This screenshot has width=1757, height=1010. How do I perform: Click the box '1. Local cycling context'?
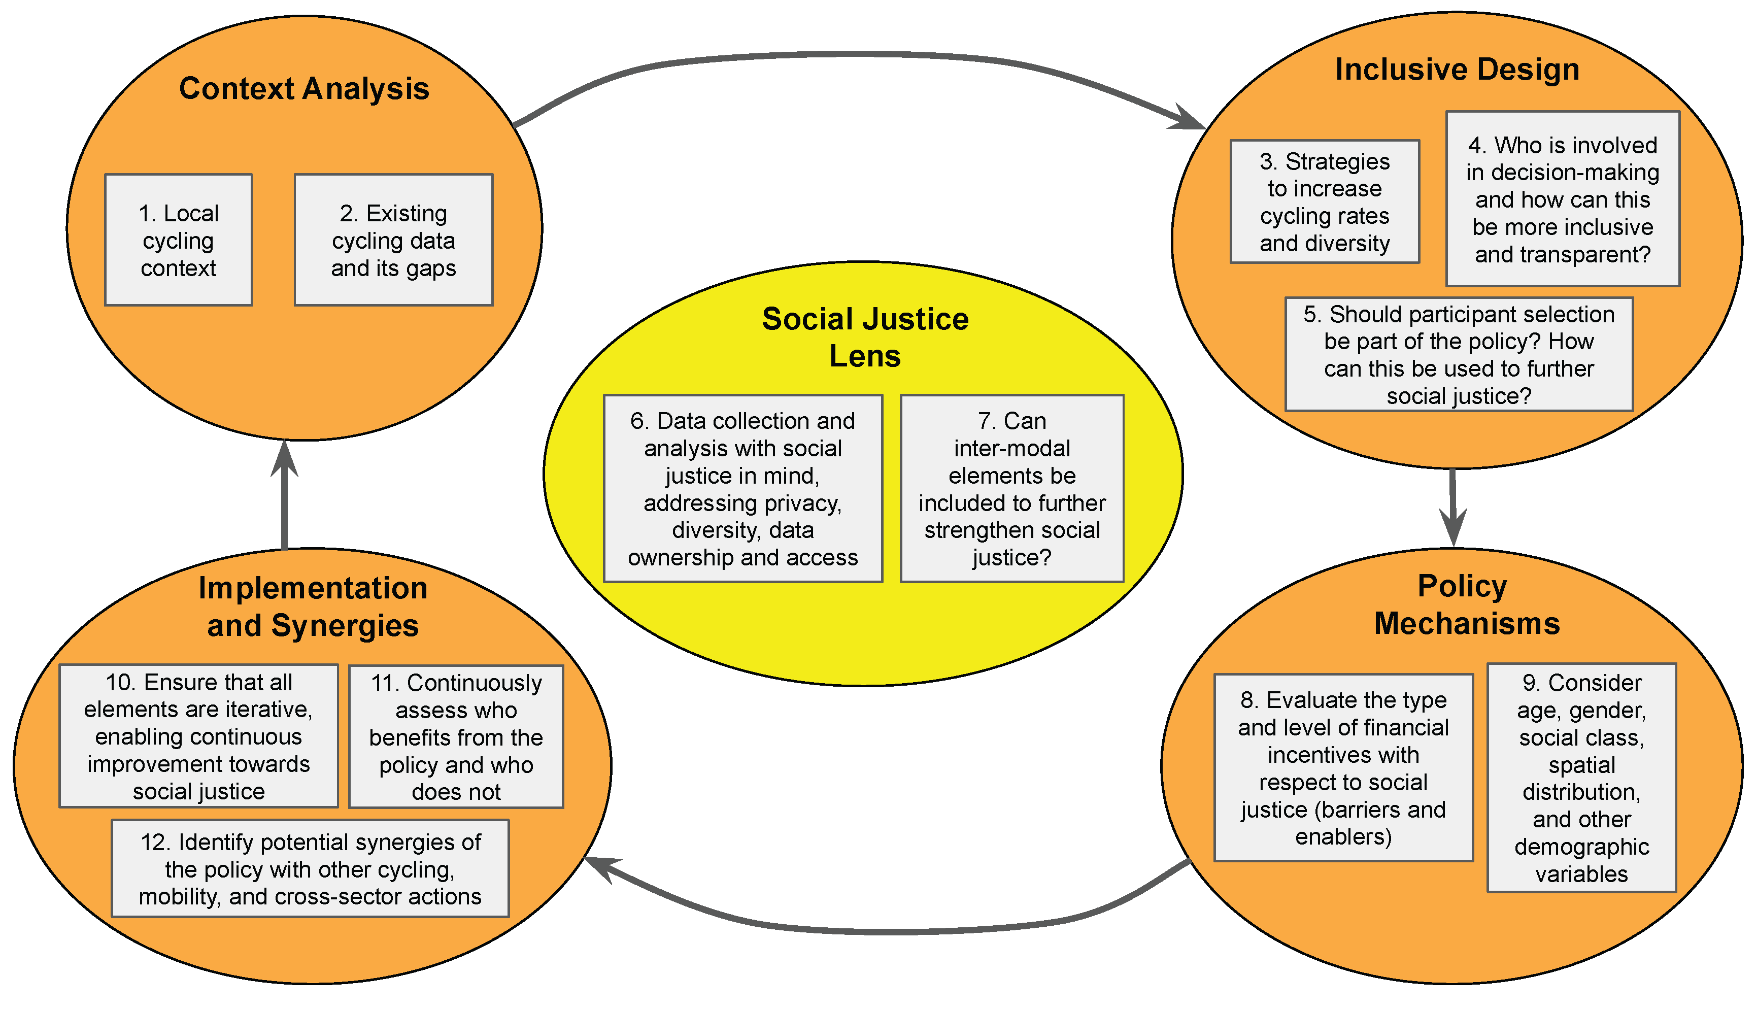[178, 240]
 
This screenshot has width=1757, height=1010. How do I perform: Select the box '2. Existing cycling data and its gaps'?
[393, 240]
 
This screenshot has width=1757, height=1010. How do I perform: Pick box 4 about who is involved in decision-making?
[1562, 199]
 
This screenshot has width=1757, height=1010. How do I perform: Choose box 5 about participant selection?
[1459, 354]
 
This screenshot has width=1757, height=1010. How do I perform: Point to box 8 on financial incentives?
[1343, 767]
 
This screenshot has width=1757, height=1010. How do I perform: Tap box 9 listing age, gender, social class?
[1581, 778]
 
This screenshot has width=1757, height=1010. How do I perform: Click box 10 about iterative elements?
[198, 736]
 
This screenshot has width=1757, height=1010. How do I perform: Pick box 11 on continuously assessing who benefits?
[456, 736]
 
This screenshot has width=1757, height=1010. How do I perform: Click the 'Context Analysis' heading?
[304, 89]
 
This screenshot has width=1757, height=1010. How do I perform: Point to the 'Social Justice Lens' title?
[865, 337]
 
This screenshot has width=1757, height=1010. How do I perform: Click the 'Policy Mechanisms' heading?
[1466, 605]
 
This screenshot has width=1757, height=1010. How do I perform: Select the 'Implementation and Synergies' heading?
[313, 607]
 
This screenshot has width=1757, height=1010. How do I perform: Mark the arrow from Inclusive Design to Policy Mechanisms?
[1452, 507]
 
